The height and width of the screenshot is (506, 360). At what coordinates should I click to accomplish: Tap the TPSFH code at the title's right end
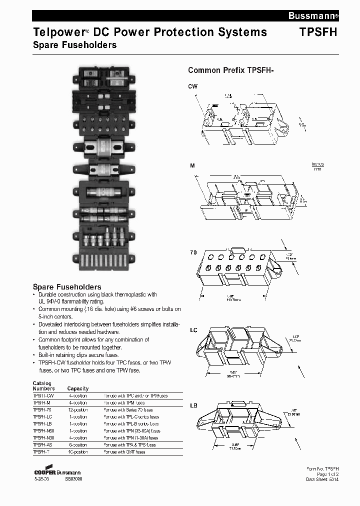(318, 32)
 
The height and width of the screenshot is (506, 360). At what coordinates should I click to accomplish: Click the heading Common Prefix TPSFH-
(230, 70)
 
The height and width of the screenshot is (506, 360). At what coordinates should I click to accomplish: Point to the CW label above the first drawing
(192, 86)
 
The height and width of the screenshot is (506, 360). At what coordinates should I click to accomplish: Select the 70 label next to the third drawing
(193, 252)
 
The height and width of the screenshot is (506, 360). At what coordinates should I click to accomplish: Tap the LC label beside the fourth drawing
(193, 330)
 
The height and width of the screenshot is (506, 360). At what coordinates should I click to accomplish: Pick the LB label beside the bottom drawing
(193, 405)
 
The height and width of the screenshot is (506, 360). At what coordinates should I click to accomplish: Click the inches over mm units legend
(317, 166)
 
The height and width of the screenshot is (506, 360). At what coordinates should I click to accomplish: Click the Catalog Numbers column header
(43, 386)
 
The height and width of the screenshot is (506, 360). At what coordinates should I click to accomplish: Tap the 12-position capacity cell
(77, 409)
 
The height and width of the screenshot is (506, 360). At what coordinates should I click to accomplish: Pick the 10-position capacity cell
(77, 451)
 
